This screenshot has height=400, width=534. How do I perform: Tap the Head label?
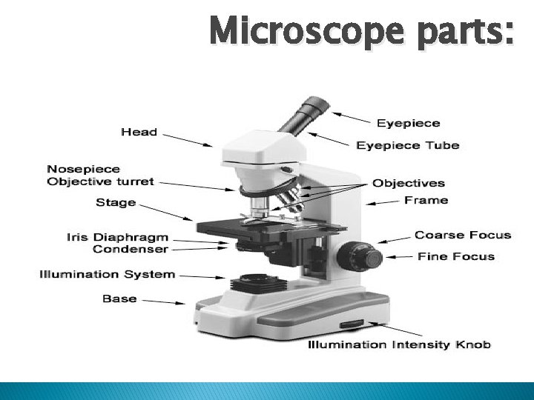point(139,132)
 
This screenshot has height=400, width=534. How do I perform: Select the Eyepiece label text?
point(408,123)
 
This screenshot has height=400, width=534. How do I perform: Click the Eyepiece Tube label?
point(407,145)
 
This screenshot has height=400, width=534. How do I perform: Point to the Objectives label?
point(408,183)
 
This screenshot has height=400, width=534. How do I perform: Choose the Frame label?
point(426,200)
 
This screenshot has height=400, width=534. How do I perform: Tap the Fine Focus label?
point(455,256)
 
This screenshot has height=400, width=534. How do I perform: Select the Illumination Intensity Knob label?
point(398,344)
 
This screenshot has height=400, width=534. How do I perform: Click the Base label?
point(119,299)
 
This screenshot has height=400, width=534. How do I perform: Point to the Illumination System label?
point(107,274)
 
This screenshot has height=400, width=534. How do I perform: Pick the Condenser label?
point(130,249)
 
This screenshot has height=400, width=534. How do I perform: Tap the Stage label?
point(116,202)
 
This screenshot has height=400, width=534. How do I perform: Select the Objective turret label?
point(100,181)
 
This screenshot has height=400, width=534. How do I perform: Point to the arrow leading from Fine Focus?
point(400,257)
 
